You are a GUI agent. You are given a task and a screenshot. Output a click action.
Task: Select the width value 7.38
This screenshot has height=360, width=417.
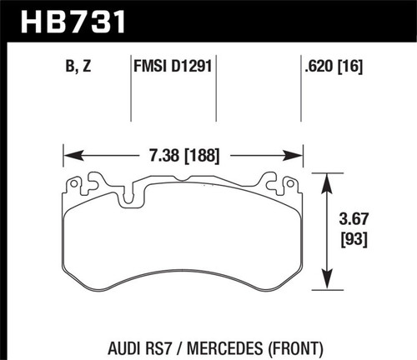coord(158,155)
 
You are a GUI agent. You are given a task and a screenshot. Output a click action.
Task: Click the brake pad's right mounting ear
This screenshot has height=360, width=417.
coord(274,179)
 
